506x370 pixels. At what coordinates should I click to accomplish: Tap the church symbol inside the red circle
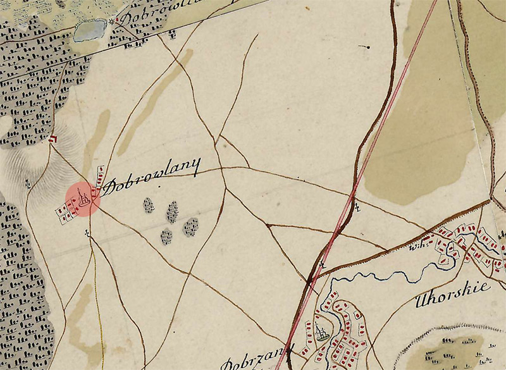[83, 199]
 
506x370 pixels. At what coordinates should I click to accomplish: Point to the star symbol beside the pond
[113, 22]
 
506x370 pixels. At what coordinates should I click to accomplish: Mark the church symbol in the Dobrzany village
[323, 333]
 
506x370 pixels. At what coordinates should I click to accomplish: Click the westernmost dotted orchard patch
[149, 205]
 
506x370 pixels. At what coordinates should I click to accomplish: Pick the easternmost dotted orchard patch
[190, 226]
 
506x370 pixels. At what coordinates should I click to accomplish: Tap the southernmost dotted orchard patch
[166, 237]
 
